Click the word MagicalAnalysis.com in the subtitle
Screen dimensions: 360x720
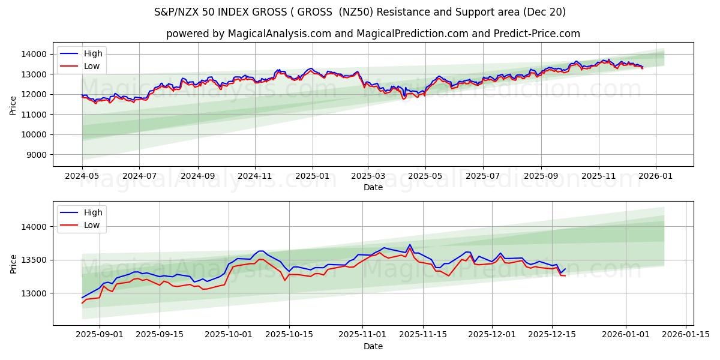279,34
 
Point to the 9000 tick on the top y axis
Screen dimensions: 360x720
37,155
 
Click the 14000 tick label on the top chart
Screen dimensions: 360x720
34,54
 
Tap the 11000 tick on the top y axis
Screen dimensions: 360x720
34,115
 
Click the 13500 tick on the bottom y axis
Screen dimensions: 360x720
34,260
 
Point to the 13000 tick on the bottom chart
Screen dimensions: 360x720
34,293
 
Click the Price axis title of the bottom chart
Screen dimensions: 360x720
13,263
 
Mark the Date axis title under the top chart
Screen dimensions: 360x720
373,187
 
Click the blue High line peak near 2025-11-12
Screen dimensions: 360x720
410,245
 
